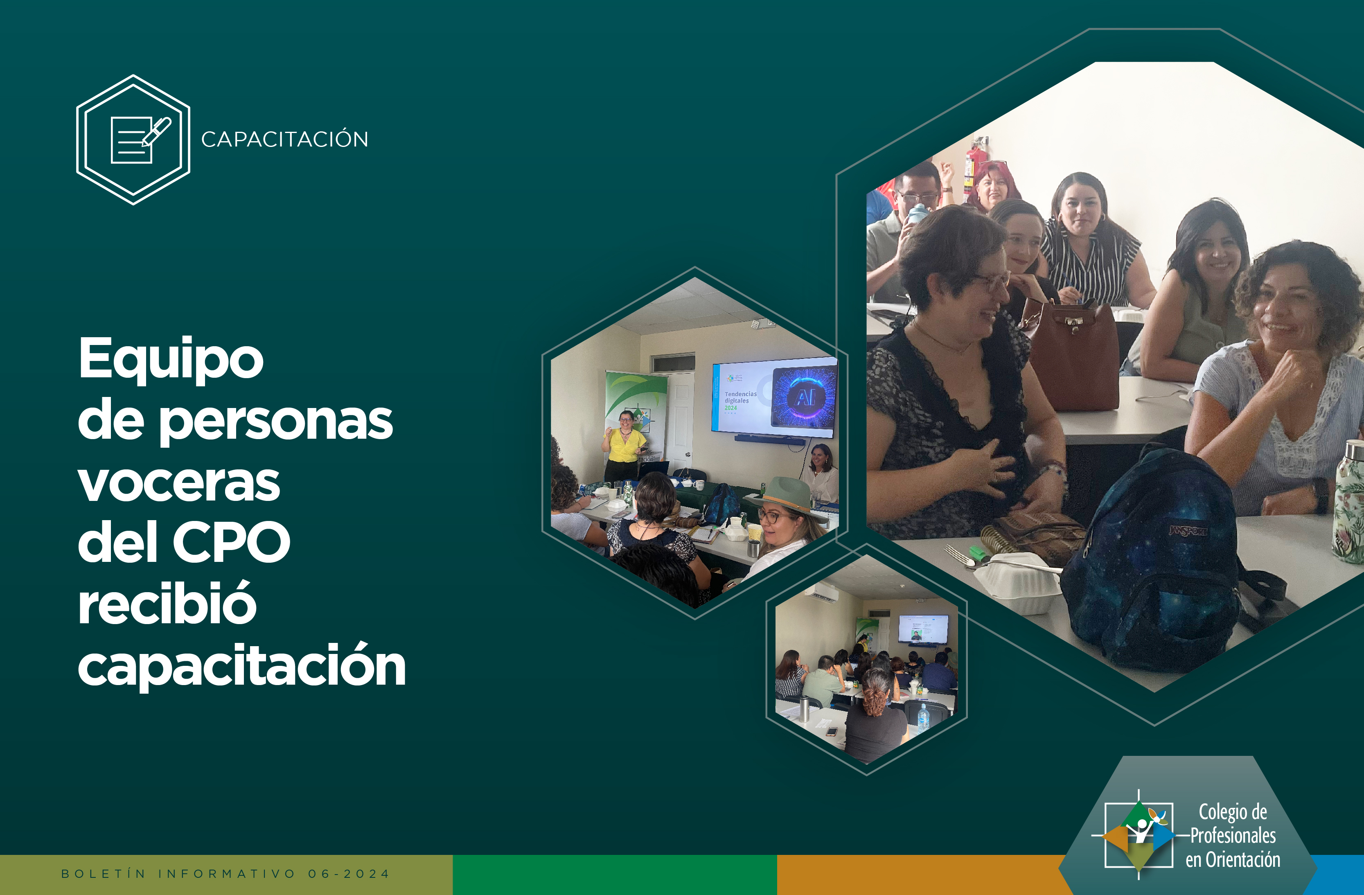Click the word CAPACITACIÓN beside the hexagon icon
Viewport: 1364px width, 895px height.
tap(285, 139)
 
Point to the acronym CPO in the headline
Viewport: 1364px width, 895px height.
tap(232, 541)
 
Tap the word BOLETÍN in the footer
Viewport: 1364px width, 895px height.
tap(104, 874)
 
